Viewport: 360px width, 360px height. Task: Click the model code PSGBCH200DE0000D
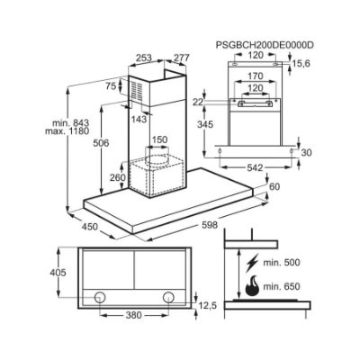coord(265,45)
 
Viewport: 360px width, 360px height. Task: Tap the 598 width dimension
coord(210,225)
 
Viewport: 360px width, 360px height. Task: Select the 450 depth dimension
coord(90,227)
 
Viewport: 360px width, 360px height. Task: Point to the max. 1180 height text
coord(67,131)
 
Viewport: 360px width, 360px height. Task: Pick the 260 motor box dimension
coord(117,177)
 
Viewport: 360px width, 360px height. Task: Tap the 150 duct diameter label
coord(159,139)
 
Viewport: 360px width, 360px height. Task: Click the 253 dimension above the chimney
coord(144,58)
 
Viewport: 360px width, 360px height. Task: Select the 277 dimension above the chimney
coord(182,58)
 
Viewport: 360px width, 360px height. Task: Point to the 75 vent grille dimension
coord(111,86)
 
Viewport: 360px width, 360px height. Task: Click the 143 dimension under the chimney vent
coord(139,119)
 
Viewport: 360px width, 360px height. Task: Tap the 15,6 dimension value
coord(301,64)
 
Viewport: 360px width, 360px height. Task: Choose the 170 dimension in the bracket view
coord(255,76)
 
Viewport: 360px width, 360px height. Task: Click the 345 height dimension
coord(205,124)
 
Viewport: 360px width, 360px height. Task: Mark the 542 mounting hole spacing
coord(255,168)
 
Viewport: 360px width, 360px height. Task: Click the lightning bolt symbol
coord(252,263)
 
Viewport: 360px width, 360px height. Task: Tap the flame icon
coord(252,285)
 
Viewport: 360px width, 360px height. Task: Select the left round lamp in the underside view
coord(100,297)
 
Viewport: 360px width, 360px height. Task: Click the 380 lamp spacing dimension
coord(133,315)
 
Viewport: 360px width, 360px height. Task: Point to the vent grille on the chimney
coord(137,90)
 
